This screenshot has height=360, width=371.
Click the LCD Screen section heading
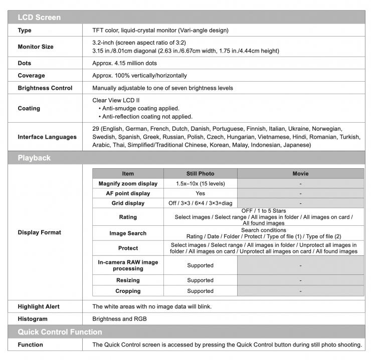(x=39, y=18)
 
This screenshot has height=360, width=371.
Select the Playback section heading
(x=34, y=158)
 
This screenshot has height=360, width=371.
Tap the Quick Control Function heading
(x=60, y=332)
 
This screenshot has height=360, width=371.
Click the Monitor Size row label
(x=36, y=47)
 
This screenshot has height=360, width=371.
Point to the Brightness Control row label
(x=45, y=88)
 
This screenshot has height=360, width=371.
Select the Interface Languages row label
(x=47, y=137)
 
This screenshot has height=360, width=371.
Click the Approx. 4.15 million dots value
(x=124, y=64)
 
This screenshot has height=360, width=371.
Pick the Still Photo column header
(x=200, y=174)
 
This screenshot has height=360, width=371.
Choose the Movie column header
(x=300, y=174)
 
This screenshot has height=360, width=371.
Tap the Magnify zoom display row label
(x=128, y=184)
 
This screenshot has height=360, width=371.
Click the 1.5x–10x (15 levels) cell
(x=200, y=184)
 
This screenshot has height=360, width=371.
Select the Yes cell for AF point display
(x=200, y=193)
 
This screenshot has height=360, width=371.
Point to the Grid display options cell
(x=200, y=203)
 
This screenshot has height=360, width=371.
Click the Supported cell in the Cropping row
(x=200, y=291)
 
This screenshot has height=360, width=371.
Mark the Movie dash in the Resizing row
(x=300, y=280)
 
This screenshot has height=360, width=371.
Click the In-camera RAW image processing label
(x=128, y=265)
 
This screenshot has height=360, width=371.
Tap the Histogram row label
(x=33, y=319)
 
